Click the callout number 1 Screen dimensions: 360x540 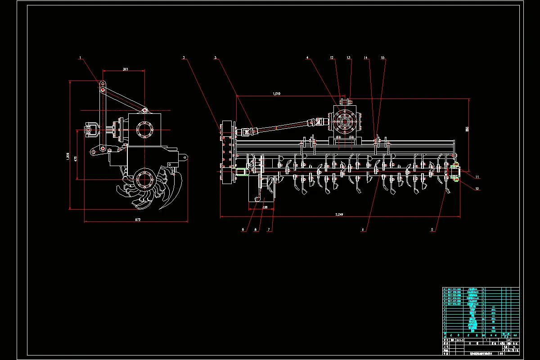80,58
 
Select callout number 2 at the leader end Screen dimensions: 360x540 184,58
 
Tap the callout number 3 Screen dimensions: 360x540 216,58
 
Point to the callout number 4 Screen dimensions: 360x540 307,58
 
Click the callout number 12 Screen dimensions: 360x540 332,58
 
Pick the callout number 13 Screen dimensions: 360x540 348,58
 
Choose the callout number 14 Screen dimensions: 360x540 366,58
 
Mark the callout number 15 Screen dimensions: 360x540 382,58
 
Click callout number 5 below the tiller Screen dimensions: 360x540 432,229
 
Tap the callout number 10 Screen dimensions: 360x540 477,189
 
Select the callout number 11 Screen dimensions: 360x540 477,176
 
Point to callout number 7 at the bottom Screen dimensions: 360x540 269,229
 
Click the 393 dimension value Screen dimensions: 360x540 126,69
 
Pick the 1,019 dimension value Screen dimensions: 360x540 276,94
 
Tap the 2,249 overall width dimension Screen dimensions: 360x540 339,214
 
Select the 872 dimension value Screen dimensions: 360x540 138,220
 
